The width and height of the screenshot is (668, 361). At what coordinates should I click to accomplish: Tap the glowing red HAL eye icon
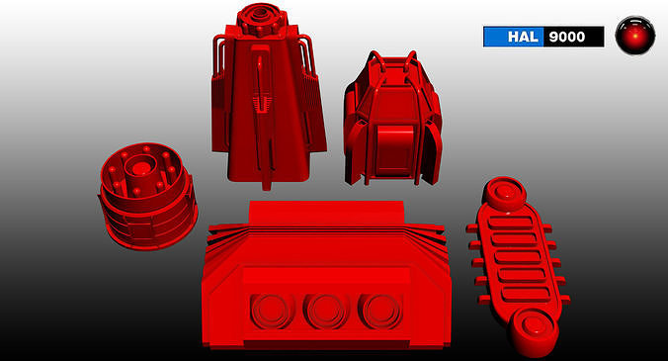click(x=634, y=37)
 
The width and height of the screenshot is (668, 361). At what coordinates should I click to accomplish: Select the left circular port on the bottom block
click(x=269, y=312)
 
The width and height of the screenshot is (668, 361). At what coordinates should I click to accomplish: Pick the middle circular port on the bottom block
click(x=324, y=312)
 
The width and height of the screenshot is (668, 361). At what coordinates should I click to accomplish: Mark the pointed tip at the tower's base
click(x=265, y=184)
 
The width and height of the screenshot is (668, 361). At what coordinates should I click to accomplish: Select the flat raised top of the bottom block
click(x=325, y=212)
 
